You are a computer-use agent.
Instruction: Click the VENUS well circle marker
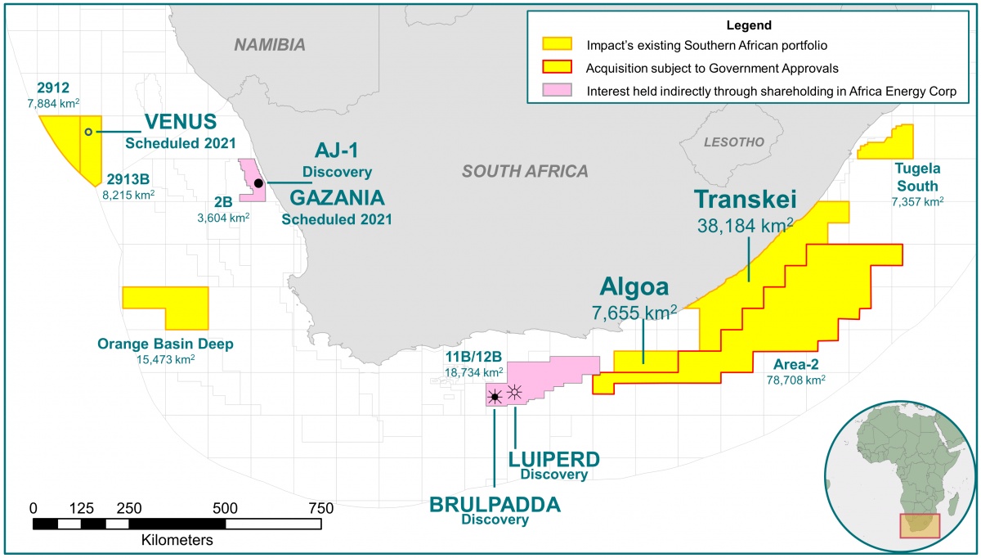tap(88, 132)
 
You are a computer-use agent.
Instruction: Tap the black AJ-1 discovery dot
tap(258, 183)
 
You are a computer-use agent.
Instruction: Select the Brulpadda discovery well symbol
tap(494, 398)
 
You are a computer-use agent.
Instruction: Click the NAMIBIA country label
tap(270, 45)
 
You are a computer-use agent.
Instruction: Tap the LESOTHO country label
tap(734, 142)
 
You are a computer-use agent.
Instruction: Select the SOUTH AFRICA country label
tap(525, 171)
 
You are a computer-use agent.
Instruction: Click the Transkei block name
tap(745, 200)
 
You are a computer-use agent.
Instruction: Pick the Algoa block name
tap(634, 286)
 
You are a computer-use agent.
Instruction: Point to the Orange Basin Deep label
tap(165, 344)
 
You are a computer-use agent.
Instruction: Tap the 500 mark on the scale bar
tap(226, 508)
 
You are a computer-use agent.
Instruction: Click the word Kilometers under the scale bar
tap(177, 541)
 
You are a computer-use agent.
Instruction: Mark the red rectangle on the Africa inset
tap(920, 525)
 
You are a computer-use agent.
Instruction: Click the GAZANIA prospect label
tap(337, 198)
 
